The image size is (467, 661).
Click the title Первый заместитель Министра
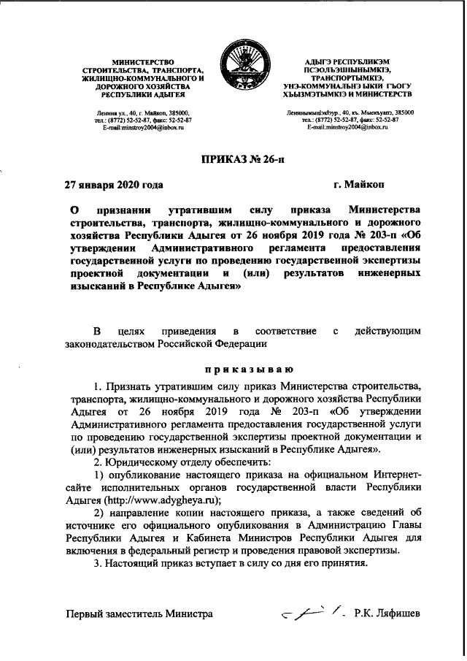[x=140, y=614]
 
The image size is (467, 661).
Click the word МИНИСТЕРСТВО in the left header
[x=143, y=59]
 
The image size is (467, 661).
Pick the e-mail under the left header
[x=143, y=127]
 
